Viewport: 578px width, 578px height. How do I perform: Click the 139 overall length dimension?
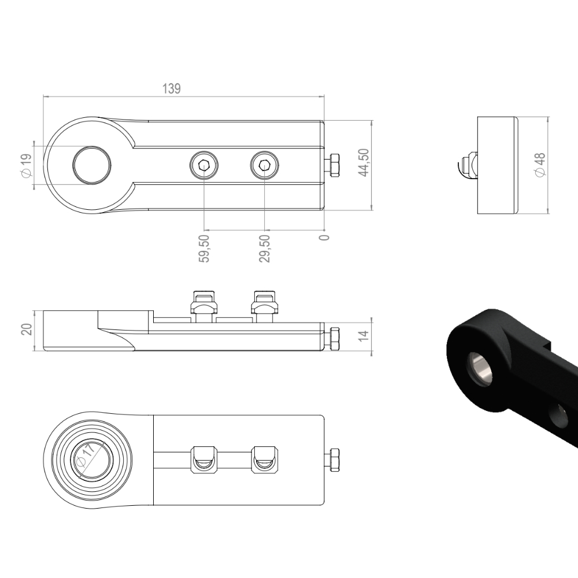(172, 89)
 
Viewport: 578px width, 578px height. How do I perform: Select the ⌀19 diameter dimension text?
(27, 165)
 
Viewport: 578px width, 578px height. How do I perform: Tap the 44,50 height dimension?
(364, 162)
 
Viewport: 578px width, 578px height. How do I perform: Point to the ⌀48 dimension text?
(539, 164)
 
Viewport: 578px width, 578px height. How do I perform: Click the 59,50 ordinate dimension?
(204, 249)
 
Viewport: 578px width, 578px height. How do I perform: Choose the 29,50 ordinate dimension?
(264, 249)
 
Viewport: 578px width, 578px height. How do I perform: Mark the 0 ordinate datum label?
(324, 238)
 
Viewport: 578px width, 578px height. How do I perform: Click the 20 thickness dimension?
(27, 329)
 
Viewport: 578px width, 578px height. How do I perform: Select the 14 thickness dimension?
(364, 335)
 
